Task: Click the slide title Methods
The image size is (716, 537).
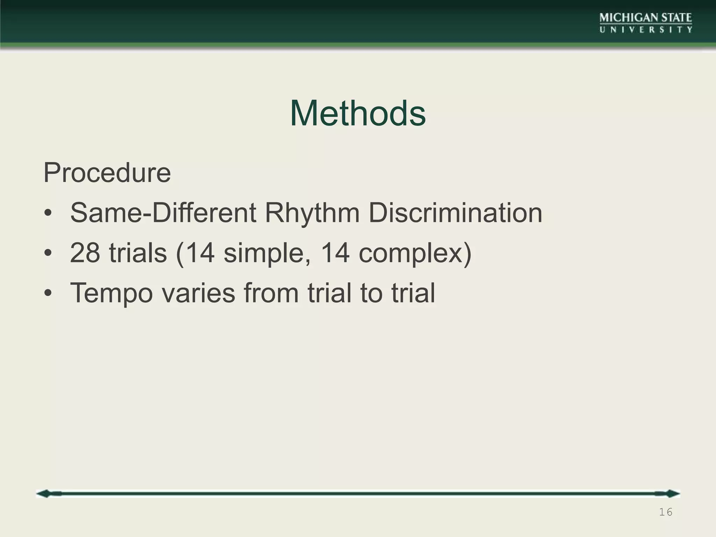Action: [358, 113]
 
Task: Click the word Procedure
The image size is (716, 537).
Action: [107, 173]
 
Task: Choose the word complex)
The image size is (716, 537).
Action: [415, 253]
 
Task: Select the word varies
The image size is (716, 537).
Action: [198, 293]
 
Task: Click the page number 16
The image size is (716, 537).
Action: [665, 513]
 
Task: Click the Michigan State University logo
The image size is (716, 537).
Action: [646, 23]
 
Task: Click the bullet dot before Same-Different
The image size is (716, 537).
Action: [48, 214]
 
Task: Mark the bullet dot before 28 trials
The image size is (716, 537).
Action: [48, 253]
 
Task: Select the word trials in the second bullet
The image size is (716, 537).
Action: [138, 253]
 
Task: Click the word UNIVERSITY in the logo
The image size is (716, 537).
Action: [646, 30]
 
